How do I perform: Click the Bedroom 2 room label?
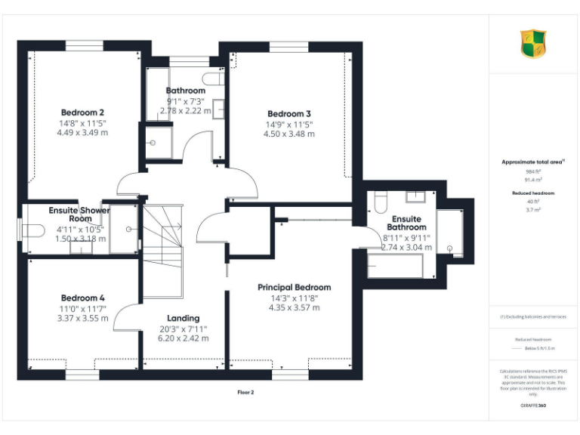click(82, 113)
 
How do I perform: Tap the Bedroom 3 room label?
click(289, 114)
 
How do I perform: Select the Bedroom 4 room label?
click(82, 298)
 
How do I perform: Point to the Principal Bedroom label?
click(294, 287)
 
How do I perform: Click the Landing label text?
click(183, 318)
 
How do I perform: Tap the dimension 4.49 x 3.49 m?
click(82, 132)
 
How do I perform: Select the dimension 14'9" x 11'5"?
click(289, 124)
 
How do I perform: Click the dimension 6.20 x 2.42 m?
click(183, 338)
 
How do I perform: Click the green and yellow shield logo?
click(533, 43)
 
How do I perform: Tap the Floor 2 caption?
click(245, 393)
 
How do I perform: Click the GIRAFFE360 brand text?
click(533, 406)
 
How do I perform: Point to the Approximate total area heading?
click(533, 162)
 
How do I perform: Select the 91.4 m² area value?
click(533, 180)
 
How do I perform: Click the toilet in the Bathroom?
click(211, 79)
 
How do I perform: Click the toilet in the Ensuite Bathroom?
click(378, 201)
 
